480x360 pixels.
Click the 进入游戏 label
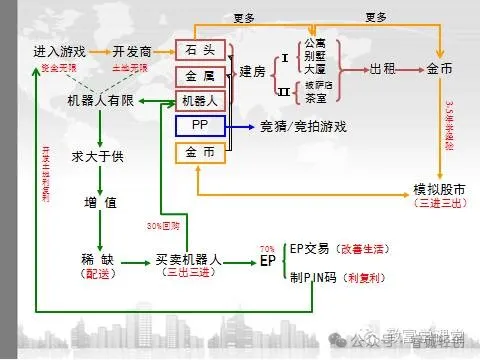pos(59,50)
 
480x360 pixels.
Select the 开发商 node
pos(132,50)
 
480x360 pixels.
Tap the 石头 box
pos(199,49)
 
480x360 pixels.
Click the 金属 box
pos(199,75)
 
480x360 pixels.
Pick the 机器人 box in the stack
pos(199,100)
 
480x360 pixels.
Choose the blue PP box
pos(199,126)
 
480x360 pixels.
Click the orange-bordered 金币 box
pos(199,152)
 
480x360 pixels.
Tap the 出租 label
pos(383,70)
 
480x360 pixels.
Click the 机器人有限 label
pos(101,101)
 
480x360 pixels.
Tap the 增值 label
pos(101,203)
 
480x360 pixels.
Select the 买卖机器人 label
pos(190,259)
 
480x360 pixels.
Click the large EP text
pos(267,261)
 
